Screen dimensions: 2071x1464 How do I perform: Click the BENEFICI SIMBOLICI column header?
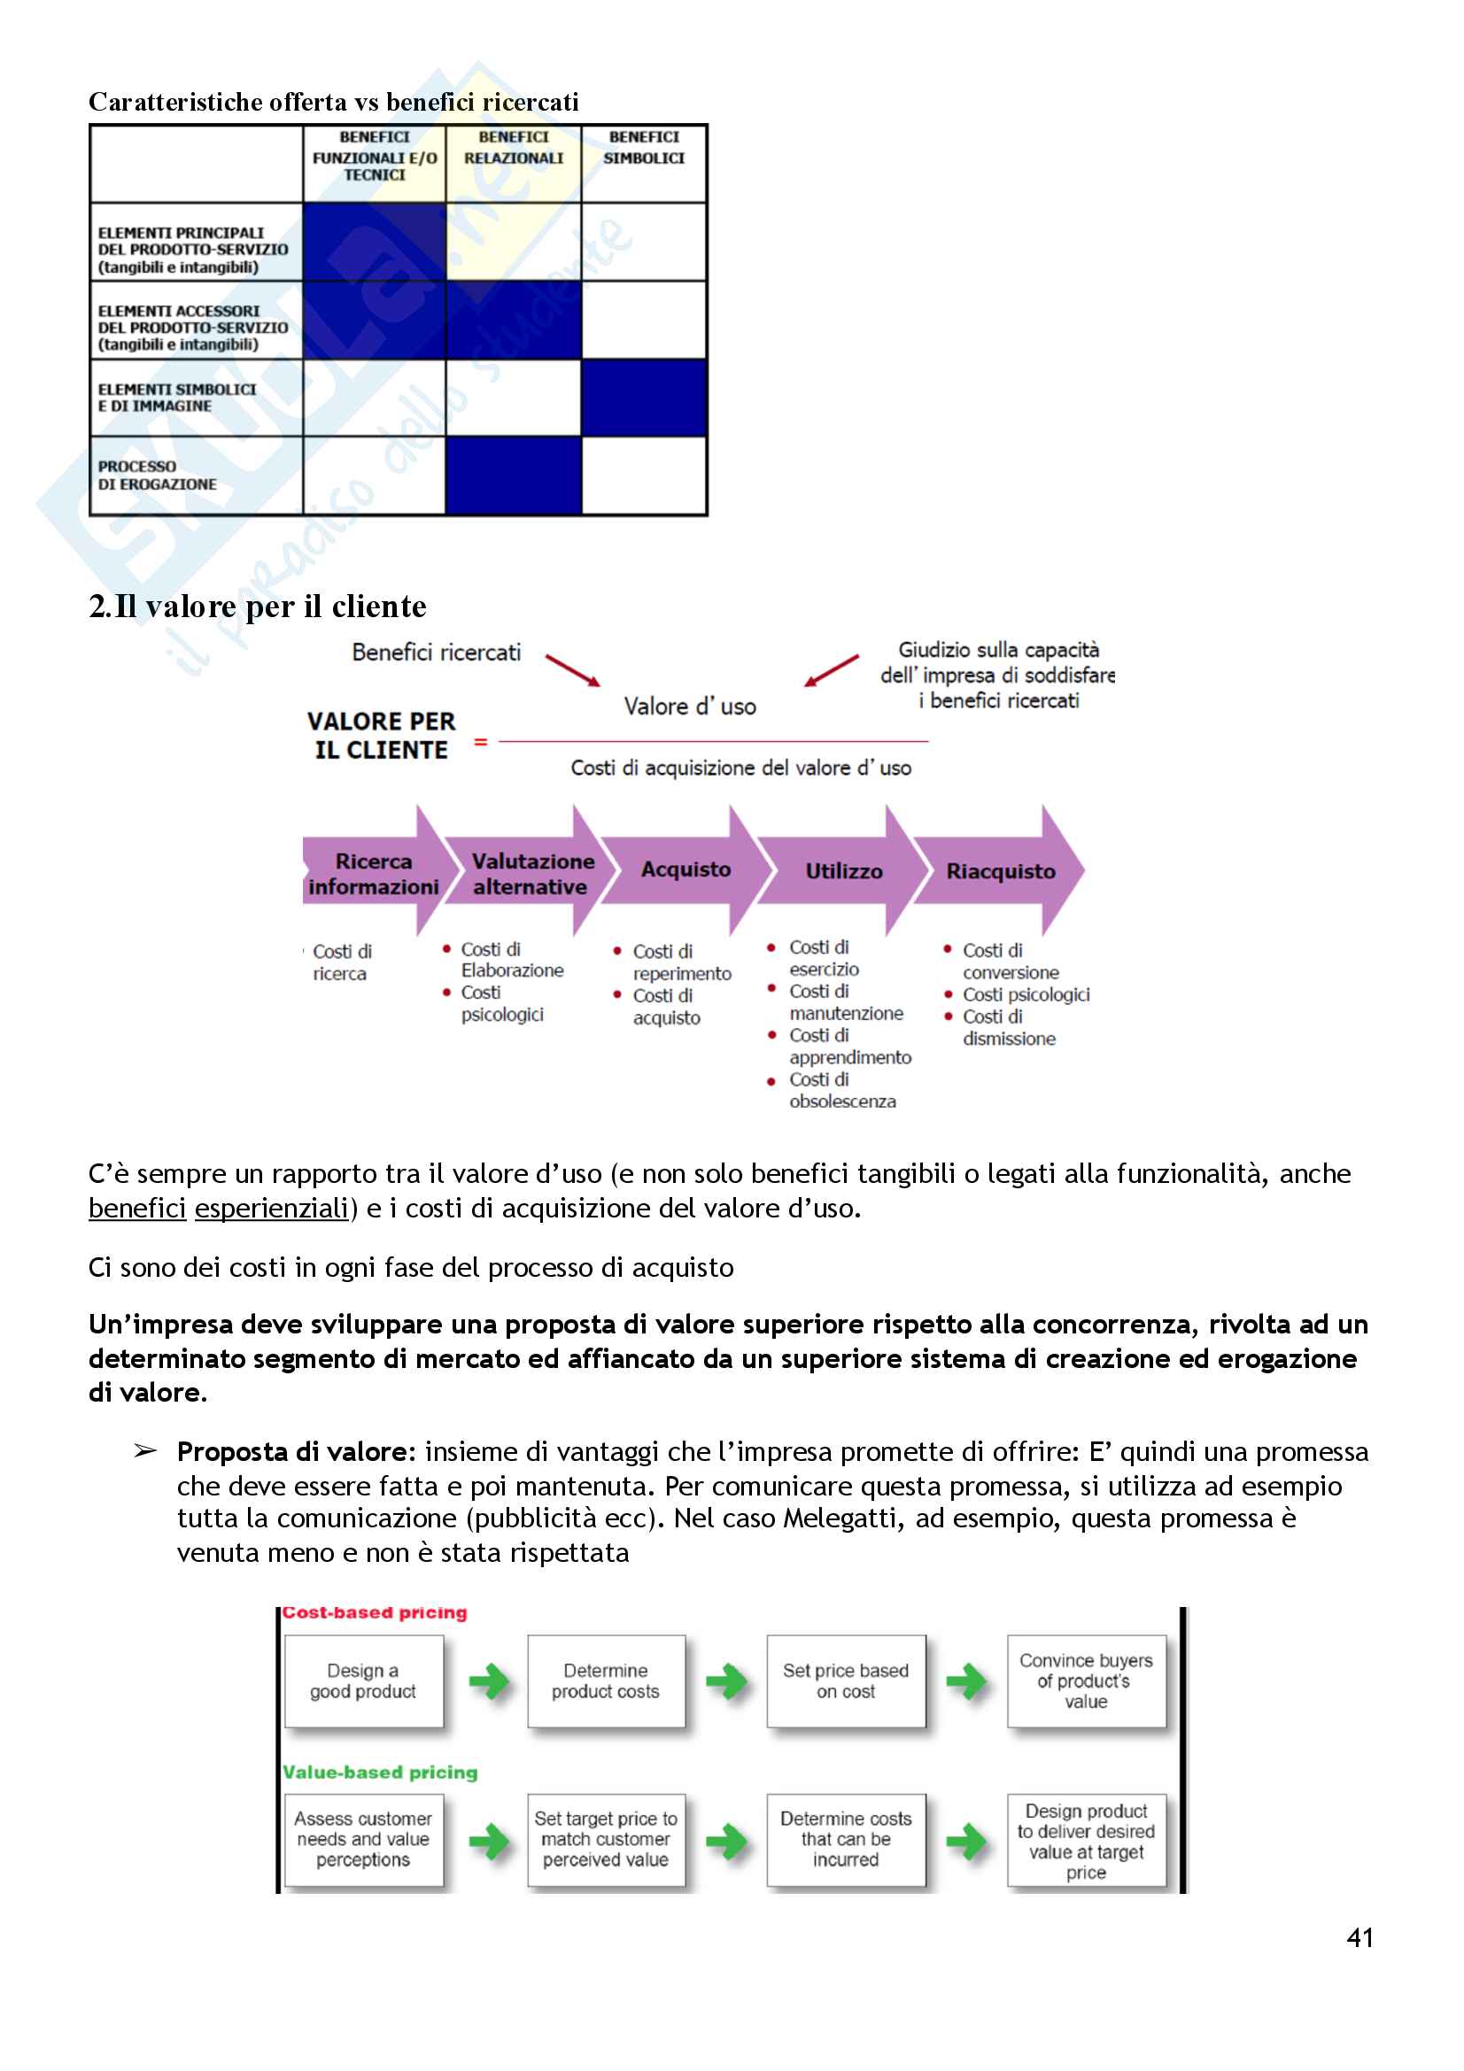[644, 148]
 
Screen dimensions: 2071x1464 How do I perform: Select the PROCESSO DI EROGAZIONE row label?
[157, 475]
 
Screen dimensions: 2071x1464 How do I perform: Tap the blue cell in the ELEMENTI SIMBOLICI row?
[644, 397]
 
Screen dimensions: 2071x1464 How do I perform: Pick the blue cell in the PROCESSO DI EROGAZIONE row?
[514, 475]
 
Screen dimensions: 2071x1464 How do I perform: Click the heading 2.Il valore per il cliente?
[258, 607]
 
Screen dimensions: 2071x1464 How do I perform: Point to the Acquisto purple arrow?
[686, 869]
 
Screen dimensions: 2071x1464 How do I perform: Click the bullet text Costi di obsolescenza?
[841, 1091]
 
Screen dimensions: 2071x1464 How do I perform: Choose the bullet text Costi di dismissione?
[1008, 1028]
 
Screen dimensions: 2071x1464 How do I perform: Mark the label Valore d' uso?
[690, 707]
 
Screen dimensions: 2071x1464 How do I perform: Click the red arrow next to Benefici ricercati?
[573, 670]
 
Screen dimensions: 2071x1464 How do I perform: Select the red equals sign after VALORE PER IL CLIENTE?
[481, 741]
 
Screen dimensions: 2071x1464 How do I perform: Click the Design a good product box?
[363, 1681]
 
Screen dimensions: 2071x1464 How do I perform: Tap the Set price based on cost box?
[845, 1681]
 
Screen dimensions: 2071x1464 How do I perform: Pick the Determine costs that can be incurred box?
[845, 1839]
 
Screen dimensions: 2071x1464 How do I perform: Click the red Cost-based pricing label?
[376, 1612]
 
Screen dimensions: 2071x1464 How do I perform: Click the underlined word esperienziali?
[272, 1208]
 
